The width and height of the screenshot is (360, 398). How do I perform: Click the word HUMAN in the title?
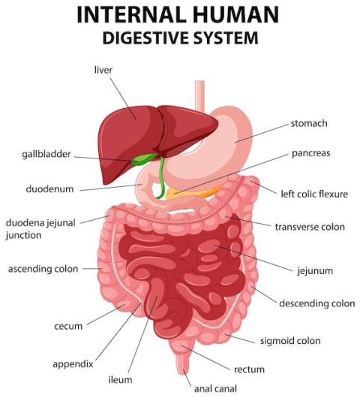pyautogui.click(x=235, y=14)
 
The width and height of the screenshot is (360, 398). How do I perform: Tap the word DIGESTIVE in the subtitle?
pyautogui.click(x=145, y=38)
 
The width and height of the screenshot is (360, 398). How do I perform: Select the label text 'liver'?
pyautogui.click(x=103, y=70)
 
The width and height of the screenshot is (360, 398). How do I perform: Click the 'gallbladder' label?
pyautogui.click(x=46, y=155)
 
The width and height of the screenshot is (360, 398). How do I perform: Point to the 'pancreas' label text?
pyautogui.click(x=310, y=153)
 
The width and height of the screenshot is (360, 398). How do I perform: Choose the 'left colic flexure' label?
pyautogui.click(x=314, y=194)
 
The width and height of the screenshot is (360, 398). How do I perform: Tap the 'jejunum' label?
pyautogui.click(x=315, y=271)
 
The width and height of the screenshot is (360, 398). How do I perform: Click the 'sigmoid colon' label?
pyautogui.click(x=290, y=341)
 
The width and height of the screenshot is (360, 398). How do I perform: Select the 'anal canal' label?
pyautogui.click(x=215, y=388)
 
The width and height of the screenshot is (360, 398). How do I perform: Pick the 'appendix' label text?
pyautogui.click(x=73, y=364)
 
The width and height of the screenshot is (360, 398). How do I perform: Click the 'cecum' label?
pyautogui.click(x=68, y=327)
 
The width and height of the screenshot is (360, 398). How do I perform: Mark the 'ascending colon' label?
pyautogui.click(x=43, y=269)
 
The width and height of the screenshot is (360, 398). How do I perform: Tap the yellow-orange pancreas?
pyautogui.click(x=193, y=193)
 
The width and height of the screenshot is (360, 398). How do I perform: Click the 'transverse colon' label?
pyautogui.click(x=310, y=227)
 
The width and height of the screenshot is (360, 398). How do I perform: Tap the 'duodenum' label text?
pyautogui.click(x=49, y=189)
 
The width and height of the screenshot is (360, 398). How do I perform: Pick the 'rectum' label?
pyautogui.click(x=249, y=369)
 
